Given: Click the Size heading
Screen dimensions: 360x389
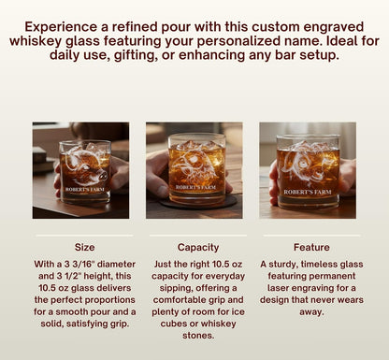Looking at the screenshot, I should [x=84, y=248].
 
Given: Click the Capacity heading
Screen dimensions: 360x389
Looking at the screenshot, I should [x=196, y=248].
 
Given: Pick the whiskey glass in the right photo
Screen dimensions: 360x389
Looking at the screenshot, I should [x=308, y=170].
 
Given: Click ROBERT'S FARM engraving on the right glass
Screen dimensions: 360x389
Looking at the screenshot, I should [x=308, y=192].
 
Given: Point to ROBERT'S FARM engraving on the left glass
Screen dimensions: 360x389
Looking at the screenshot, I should [x=84, y=190].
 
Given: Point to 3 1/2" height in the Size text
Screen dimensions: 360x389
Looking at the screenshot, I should [x=75, y=278].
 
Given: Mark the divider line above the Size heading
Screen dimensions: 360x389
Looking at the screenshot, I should [x=84, y=235].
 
